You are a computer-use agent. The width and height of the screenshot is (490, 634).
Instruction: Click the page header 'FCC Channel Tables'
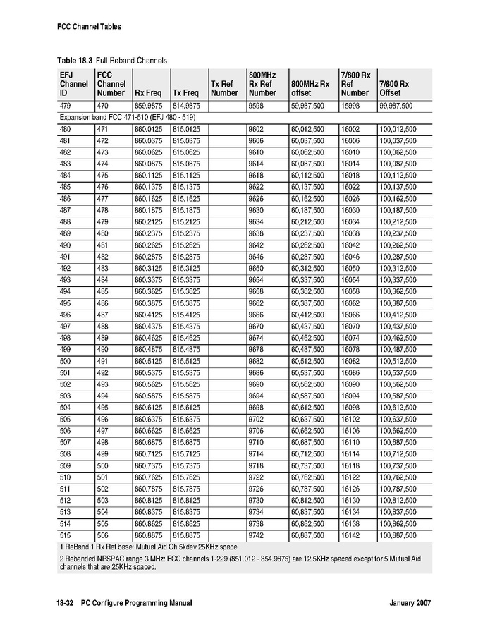tap(89, 27)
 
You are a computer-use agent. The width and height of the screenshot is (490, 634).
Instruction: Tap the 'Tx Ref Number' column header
tap(224, 88)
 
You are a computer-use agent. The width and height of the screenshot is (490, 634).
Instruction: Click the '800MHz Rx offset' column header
tap(310, 88)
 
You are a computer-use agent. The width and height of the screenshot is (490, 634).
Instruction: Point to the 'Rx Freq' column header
tap(149, 92)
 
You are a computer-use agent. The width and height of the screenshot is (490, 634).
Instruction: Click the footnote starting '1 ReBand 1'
tap(148, 547)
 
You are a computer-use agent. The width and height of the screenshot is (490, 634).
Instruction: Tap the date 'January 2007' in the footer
tap(410, 603)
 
